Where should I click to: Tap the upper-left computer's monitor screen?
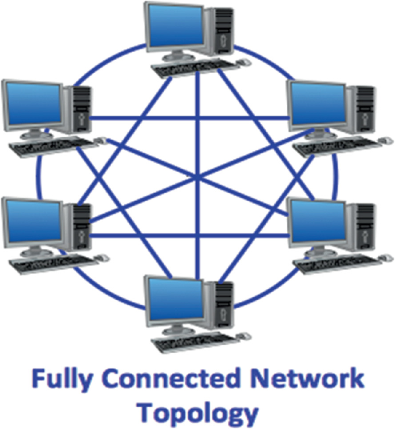[x=32, y=104]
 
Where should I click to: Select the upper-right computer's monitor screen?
[x=317, y=104]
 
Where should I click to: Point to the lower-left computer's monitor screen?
[x=32, y=221]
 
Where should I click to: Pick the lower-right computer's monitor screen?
[x=317, y=221]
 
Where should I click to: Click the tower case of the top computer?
[x=219, y=32]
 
